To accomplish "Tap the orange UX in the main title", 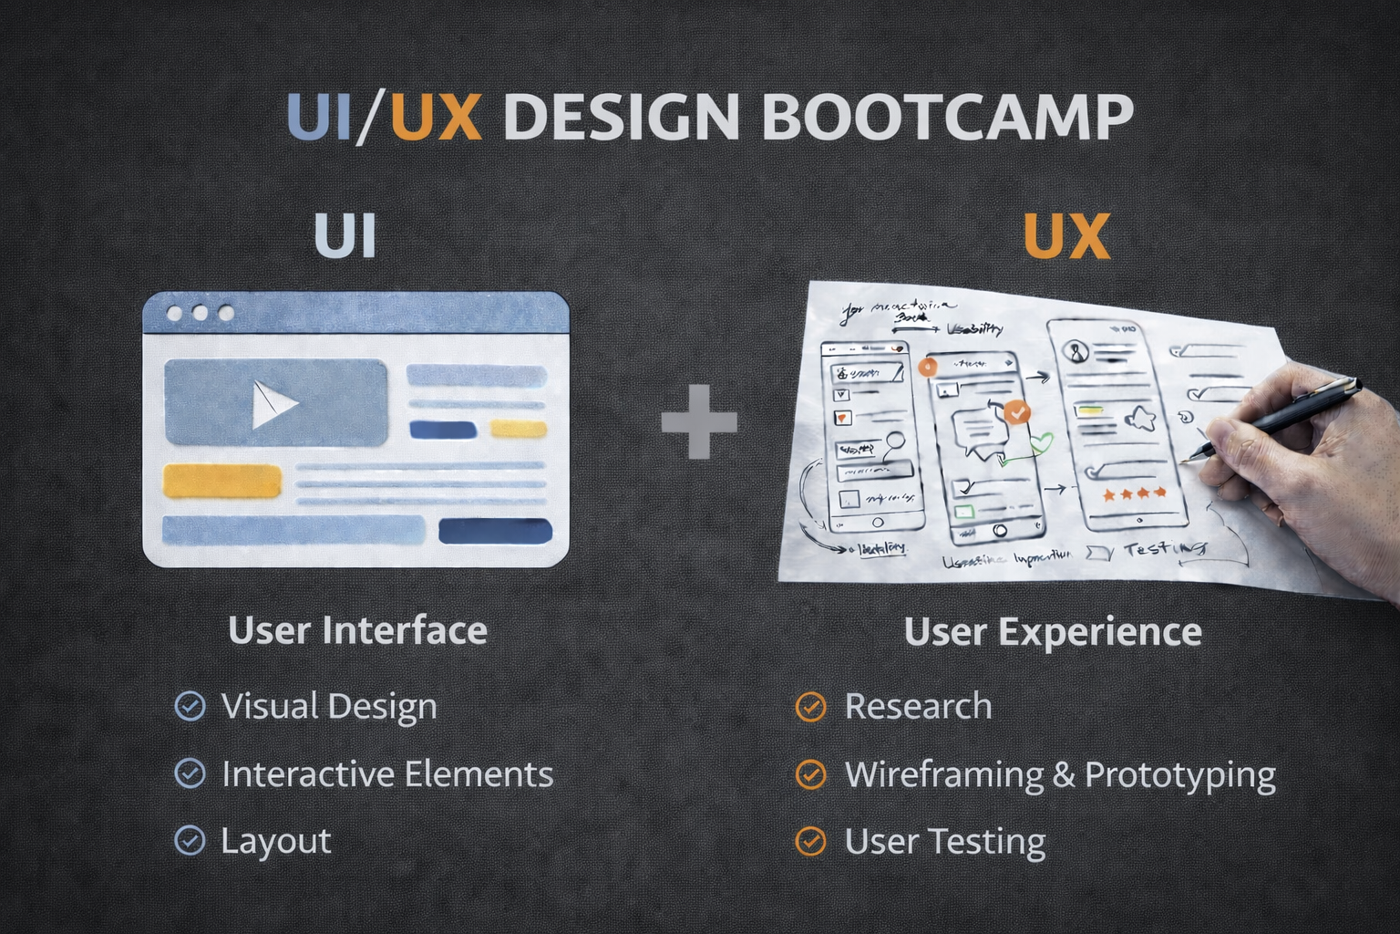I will coord(436,117).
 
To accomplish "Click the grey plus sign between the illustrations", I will coord(699,421).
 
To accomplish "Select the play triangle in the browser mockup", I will coord(273,404).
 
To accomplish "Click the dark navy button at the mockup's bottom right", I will coord(495,531).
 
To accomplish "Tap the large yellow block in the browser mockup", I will coord(221,481).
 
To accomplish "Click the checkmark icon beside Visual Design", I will coord(190,706).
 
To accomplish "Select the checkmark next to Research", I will coord(810,707).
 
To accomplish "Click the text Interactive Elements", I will coord(387,773).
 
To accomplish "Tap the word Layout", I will coord(275,841).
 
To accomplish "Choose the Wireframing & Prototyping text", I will coord(1060,774).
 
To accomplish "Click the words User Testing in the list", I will coord(944,841).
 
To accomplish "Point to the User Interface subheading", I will coord(357,630).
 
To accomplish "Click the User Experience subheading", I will coord(1053,631).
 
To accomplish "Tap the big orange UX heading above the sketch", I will coord(1066,236).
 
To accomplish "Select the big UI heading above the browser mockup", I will coord(345,236).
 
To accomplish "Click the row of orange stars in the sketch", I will coord(1135,493).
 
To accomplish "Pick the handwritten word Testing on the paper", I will coord(1165,549).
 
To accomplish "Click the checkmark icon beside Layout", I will coord(190,840).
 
